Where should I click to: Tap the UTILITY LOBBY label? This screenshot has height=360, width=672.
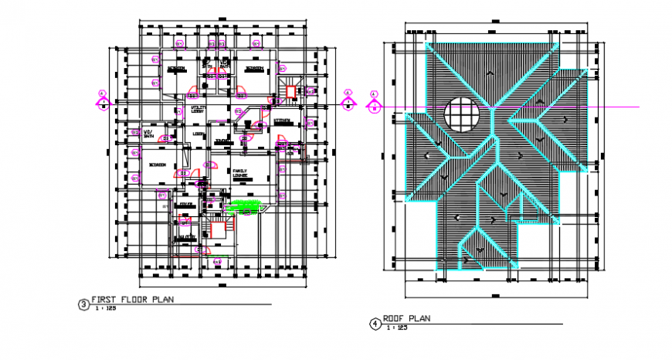(x=198, y=110)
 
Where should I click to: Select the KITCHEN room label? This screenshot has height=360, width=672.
(x=282, y=121)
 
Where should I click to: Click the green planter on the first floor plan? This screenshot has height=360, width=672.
(x=246, y=205)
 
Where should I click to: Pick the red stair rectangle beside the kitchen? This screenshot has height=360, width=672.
(x=290, y=93)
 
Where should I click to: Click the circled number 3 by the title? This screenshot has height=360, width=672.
(x=83, y=304)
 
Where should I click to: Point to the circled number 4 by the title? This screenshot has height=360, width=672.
(x=374, y=324)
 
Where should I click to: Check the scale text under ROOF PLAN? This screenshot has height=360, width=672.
(x=398, y=328)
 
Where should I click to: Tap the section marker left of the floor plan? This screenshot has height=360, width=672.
(x=103, y=99)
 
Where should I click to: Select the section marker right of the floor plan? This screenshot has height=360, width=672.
(x=348, y=99)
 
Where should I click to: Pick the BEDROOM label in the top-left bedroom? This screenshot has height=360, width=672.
(x=176, y=69)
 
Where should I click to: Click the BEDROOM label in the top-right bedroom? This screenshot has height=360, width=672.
(x=254, y=69)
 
